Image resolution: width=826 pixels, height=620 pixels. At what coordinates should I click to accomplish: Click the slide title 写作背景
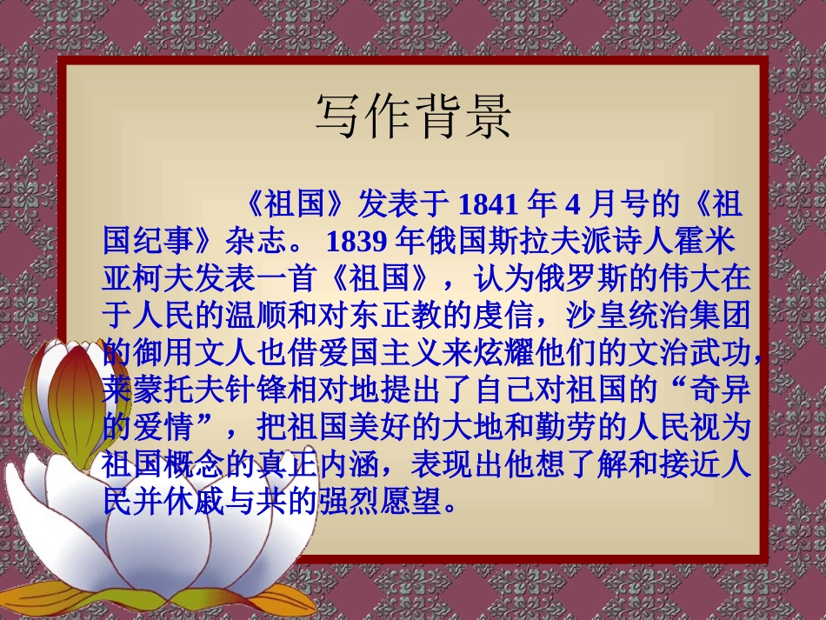(x=413, y=117)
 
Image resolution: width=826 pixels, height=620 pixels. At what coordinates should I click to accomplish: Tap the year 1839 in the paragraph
(x=357, y=238)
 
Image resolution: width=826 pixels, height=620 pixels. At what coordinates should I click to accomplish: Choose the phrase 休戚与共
(x=230, y=502)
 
